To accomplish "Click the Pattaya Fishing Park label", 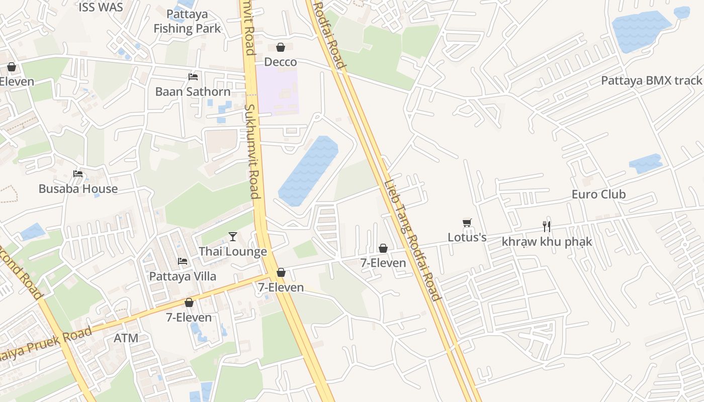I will tap(187, 21).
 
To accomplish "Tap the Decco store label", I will tap(281, 62).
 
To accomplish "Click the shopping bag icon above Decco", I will tap(281, 47).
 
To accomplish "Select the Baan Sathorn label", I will tap(193, 92).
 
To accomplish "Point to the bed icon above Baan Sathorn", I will tap(193, 77).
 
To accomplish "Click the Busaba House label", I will tap(78, 189).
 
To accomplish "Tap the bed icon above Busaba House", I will tap(78, 174).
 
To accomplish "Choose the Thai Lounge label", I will tap(233, 251).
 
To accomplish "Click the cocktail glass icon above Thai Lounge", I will tap(233, 236).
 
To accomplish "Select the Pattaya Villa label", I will tap(183, 276).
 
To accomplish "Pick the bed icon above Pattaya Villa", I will tap(183, 261).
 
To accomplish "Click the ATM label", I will tap(126, 338).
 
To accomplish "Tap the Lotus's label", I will tap(467, 237).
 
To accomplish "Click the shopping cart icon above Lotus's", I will tap(467, 222).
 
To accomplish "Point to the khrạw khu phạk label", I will tap(547, 242).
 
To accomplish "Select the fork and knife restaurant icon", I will tap(547, 227).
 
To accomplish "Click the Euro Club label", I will tap(598, 194).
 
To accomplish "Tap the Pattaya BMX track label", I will tap(651, 80).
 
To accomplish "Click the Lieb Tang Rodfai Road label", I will tap(412, 240).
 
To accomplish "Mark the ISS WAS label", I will tap(101, 7).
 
